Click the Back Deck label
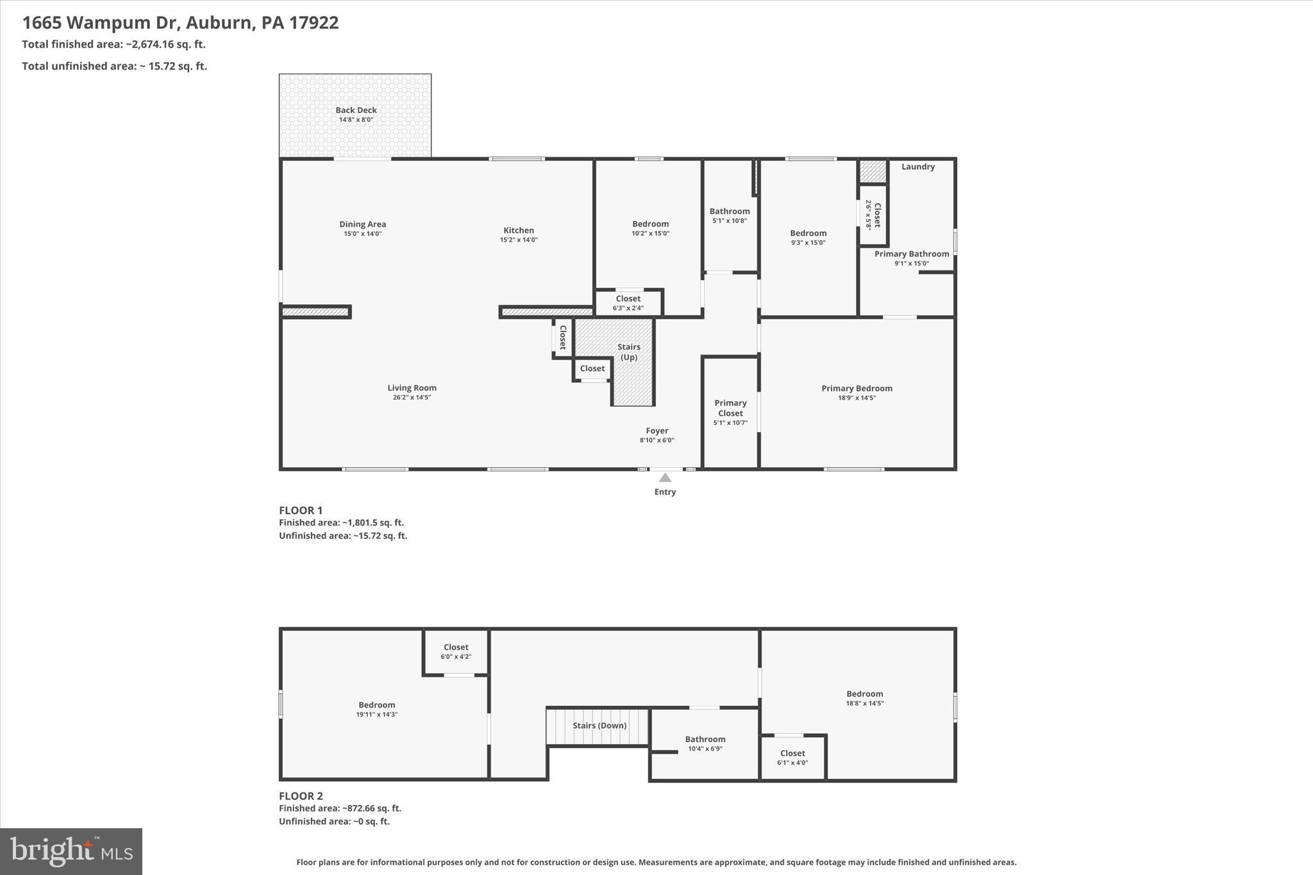point(356,110)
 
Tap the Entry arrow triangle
point(665,478)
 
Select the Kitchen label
point(519,230)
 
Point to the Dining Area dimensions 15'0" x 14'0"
point(362,234)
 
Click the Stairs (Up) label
point(629,352)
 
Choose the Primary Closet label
point(730,408)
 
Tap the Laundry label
point(917,167)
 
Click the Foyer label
point(656,431)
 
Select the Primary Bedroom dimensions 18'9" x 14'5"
point(857,398)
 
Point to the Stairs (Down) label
point(599,726)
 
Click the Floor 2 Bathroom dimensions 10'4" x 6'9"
point(705,749)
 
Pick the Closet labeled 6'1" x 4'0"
point(792,757)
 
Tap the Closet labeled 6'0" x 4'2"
point(456,651)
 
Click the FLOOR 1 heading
point(301,510)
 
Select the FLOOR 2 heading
point(301,796)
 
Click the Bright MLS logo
point(71,851)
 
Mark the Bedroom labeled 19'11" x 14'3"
point(377,708)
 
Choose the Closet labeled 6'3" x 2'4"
point(628,303)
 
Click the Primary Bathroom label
point(911,254)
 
